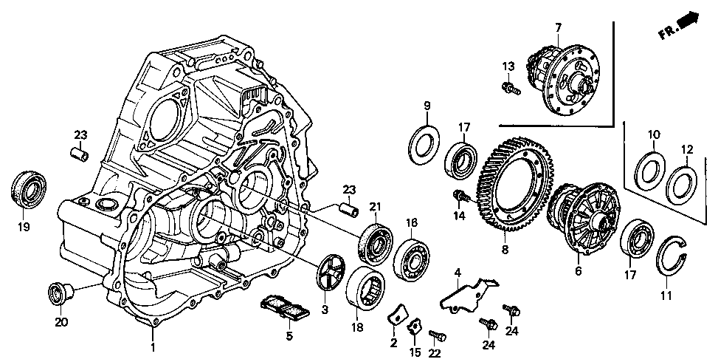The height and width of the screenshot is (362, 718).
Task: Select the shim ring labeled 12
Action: [683, 184]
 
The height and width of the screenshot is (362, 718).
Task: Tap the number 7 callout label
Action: [558, 27]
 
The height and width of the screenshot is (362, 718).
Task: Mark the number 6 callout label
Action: [578, 271]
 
